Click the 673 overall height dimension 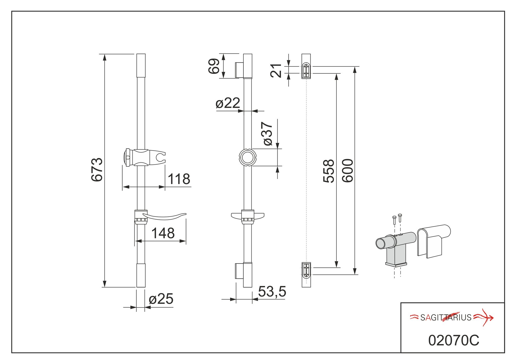[97, 169]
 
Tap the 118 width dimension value [179, 179]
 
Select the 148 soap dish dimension [163, 233]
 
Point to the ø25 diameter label [161, 299]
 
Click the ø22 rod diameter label [228, 103]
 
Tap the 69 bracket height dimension [214, 66]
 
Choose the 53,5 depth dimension [272, 292]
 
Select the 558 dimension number [329, 171]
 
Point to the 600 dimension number [348, 171]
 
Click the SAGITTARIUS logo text [446, 317]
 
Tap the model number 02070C [453, 340]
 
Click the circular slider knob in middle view [247, 157]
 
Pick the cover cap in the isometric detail [433, 240]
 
